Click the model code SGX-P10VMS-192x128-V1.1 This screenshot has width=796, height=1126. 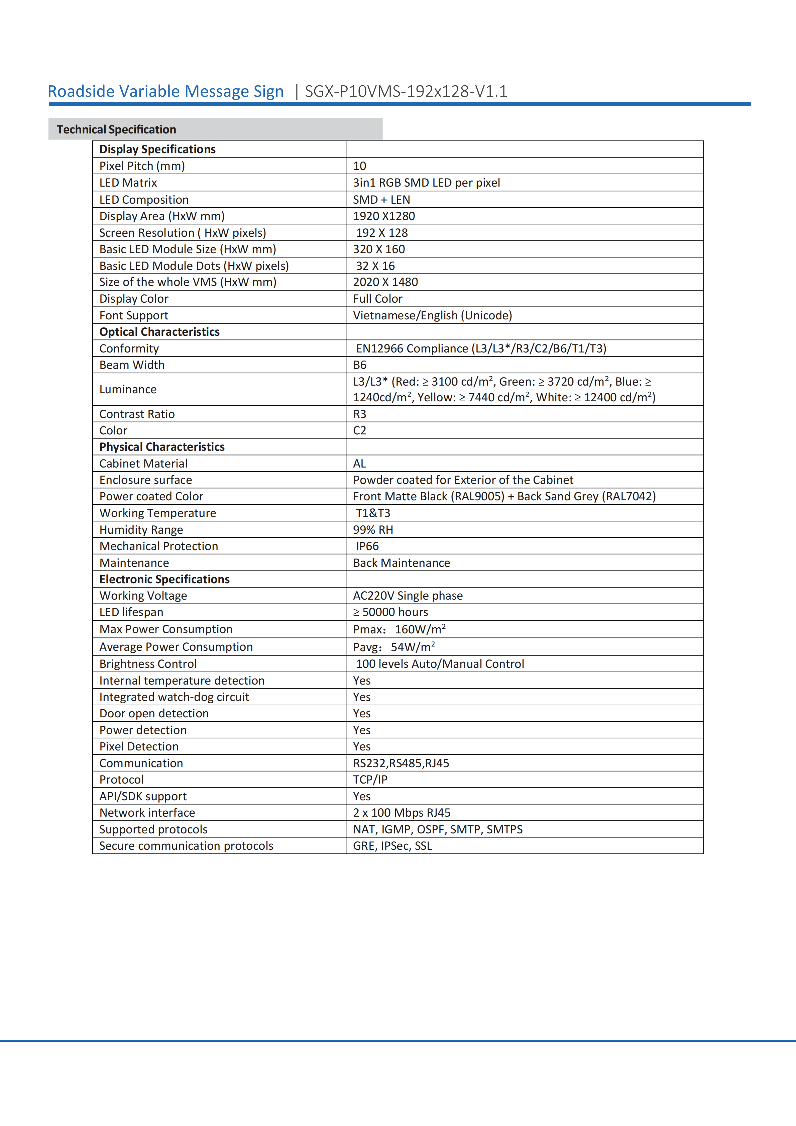406,91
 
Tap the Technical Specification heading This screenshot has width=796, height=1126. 116,129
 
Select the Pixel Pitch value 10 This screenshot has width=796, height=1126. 359,166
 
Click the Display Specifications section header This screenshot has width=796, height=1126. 157,149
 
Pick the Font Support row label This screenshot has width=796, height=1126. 133,315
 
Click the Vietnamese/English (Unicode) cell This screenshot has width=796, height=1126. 432,315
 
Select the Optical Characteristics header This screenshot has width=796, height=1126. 159,332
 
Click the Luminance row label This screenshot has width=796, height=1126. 128,389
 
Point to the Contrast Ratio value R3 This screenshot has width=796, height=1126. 359,414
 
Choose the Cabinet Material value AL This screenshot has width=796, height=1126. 359,464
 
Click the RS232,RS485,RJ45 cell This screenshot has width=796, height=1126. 401,763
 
